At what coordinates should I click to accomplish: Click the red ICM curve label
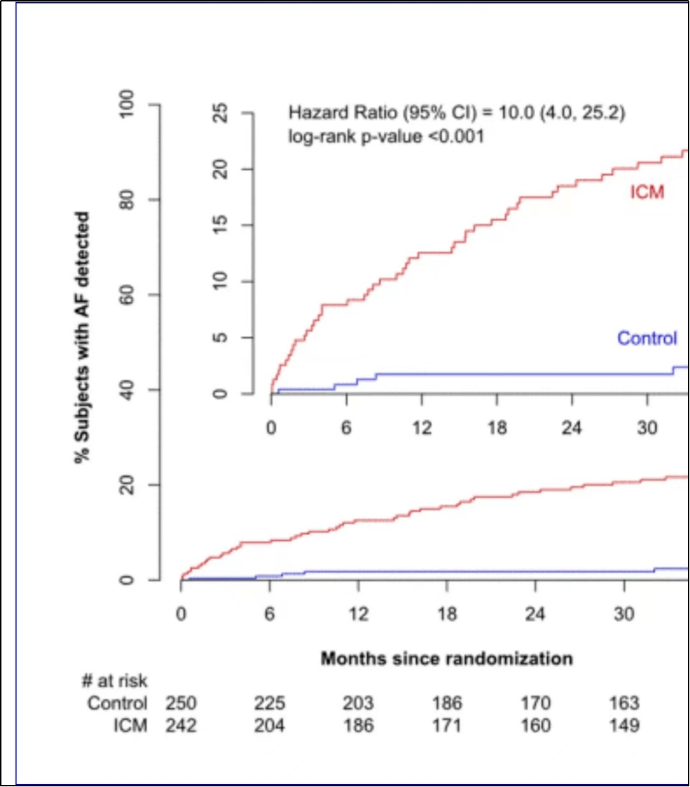647,192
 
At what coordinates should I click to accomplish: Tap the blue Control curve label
647,338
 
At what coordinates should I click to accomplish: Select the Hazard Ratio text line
457,113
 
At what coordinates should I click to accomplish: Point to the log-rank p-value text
386,136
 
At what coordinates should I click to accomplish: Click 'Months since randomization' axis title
447,658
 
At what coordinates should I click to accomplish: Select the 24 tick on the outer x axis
535,614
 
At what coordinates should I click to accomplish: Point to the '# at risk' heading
115,681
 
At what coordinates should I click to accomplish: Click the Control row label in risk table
117,704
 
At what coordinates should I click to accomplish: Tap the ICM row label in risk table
130,726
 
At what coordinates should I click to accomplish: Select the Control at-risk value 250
181,704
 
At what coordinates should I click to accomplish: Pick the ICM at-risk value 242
181,726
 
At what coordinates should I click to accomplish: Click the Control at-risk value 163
624,704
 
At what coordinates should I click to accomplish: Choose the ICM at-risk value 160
535,726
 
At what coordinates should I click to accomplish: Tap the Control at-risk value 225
269,704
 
